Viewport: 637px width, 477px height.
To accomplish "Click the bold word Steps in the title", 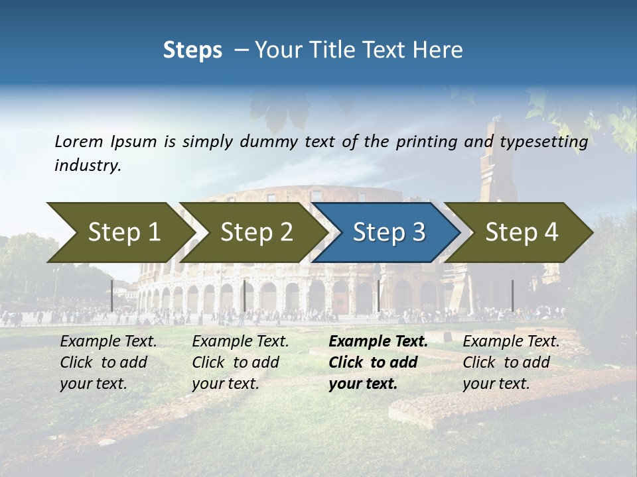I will click(x=192, y=50).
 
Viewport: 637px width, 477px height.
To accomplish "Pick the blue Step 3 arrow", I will click(x=389, y=233).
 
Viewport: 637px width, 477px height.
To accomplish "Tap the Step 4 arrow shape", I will click(x=522, y=233).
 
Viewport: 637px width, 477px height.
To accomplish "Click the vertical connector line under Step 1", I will click(x=112, y=295).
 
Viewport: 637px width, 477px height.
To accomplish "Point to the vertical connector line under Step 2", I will click(x=245, y=295).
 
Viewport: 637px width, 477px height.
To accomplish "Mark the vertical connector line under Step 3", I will click(x=378, y=295).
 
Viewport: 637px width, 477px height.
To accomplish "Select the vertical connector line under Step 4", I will click(x=512, y=295).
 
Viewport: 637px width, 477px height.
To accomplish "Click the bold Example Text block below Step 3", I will click(x=378, y=362).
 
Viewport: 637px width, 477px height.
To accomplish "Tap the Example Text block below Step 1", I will click(x=109, y=362).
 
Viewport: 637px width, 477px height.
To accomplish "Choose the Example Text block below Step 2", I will click(x=241, y=362).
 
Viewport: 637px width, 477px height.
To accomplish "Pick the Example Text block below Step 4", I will click(x=511, y=362).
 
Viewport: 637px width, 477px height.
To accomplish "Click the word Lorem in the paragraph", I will click(x=78, y=142).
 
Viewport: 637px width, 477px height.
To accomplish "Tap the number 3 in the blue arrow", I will click(x=418, y=233).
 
